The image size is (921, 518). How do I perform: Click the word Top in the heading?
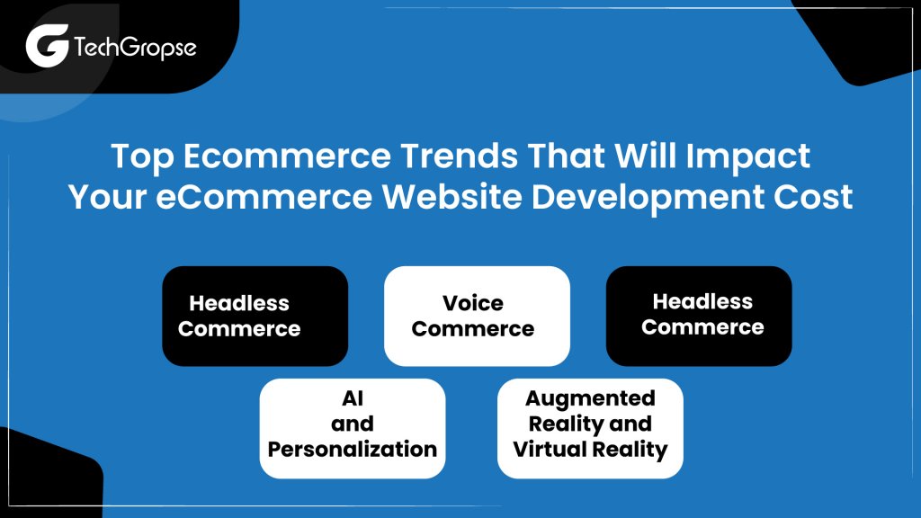138,156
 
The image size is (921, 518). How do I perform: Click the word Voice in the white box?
473,303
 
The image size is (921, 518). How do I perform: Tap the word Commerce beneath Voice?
473,328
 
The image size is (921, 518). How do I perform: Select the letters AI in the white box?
353,398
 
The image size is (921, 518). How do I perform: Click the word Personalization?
353,449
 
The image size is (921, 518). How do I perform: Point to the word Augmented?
590,398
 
